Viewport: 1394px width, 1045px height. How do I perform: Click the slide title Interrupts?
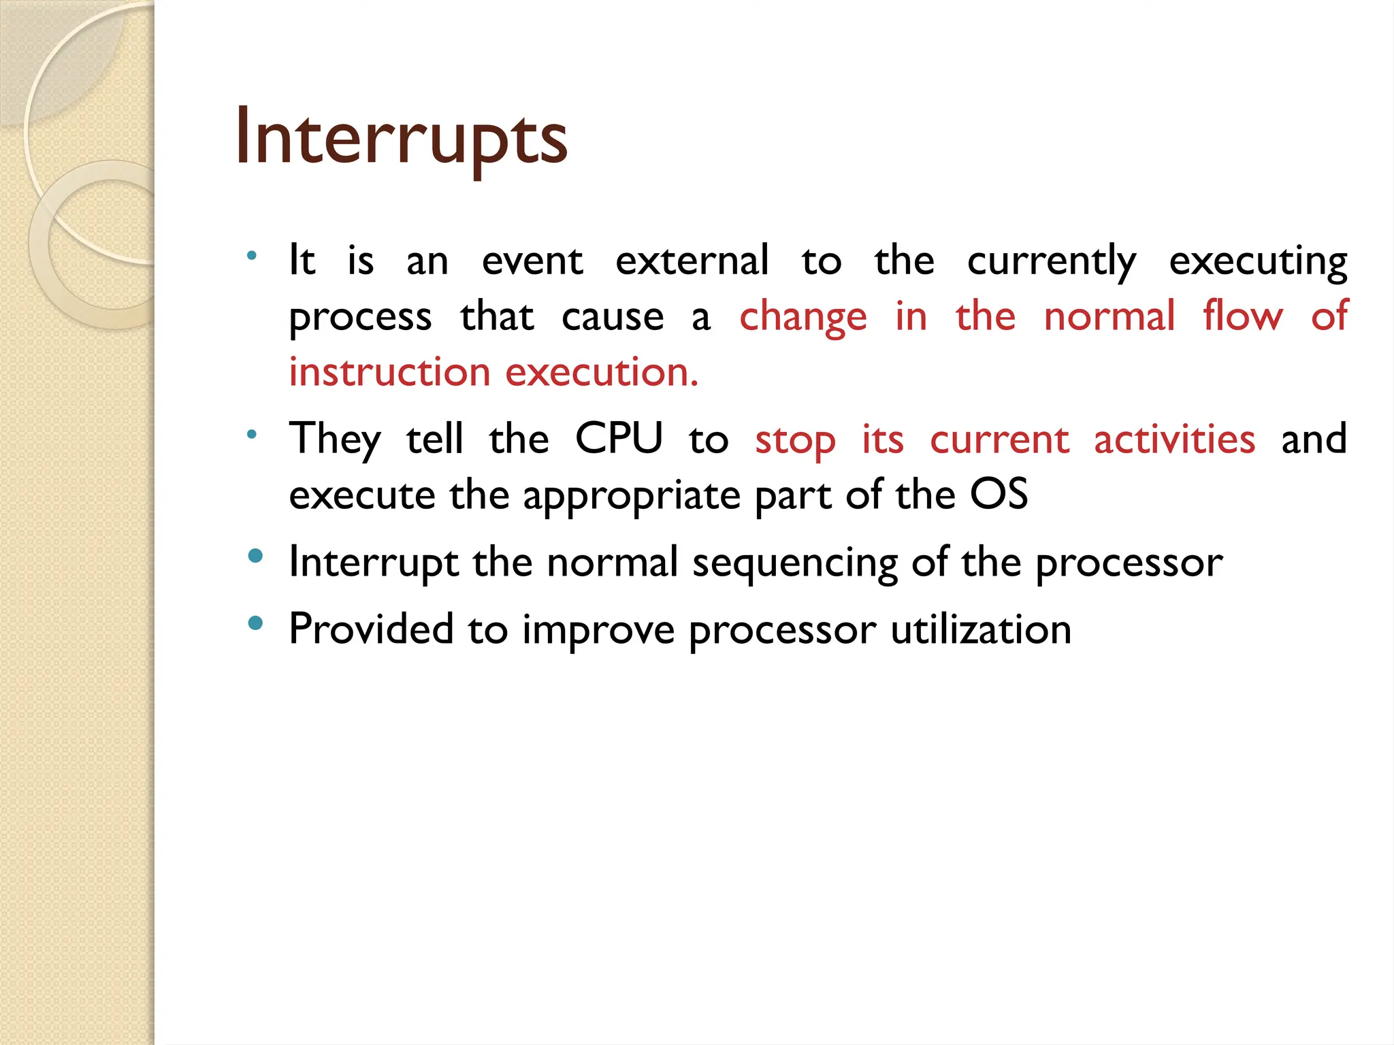401,139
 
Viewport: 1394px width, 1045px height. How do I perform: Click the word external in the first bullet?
692,261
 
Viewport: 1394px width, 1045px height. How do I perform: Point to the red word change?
803,318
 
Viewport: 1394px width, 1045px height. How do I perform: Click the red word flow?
1242,316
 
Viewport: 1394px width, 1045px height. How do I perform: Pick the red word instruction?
389,373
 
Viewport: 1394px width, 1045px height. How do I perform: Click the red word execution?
602,373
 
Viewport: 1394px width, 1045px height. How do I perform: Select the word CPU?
618,438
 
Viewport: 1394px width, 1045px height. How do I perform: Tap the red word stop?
795,441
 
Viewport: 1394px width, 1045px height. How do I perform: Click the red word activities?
1174,439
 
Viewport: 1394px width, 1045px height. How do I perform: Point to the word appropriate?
631,496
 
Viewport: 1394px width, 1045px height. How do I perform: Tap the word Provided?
371,629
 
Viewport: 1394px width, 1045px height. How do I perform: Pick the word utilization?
981,629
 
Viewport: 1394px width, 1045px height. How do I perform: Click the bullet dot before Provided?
255,623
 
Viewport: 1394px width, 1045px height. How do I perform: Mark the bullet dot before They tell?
252,434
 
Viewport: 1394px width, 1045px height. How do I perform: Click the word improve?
598,631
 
